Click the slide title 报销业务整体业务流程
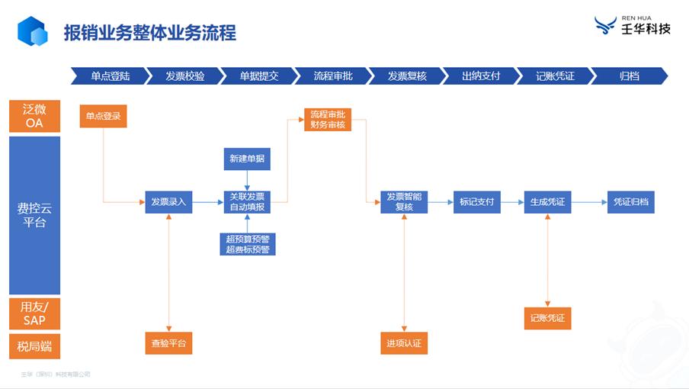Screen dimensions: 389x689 (x=149, y=33)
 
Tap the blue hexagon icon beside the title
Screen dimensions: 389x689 (x=32, y=32)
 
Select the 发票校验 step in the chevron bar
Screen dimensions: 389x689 (x=184, y=76)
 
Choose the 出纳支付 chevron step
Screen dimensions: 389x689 (x=481, y=76)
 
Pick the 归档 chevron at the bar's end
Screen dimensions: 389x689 (x=630, y=76)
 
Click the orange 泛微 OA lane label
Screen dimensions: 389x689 (x=34, y=116)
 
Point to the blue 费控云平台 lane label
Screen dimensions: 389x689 (x=34, y=215)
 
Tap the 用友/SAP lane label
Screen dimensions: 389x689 (x=34, y=313)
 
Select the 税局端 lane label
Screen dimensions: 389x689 (x=34, y=346)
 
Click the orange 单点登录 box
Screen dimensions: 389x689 (x=103, y=117)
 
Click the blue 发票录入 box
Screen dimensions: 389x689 (x=168, y=202)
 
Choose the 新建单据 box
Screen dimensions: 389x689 (x=247, y=159)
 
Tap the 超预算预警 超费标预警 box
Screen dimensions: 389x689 (x=247, y=244)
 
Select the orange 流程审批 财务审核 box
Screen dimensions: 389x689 (x=328, y=120)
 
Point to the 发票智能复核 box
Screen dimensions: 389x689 (x=404, y=202)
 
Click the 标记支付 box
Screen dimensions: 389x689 (x=476, y=202)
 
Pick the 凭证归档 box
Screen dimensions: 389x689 (x=631, y=202)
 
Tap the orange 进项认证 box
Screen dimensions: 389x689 (x=404, y=343)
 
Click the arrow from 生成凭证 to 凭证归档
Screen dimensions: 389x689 (x=588, y=202)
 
